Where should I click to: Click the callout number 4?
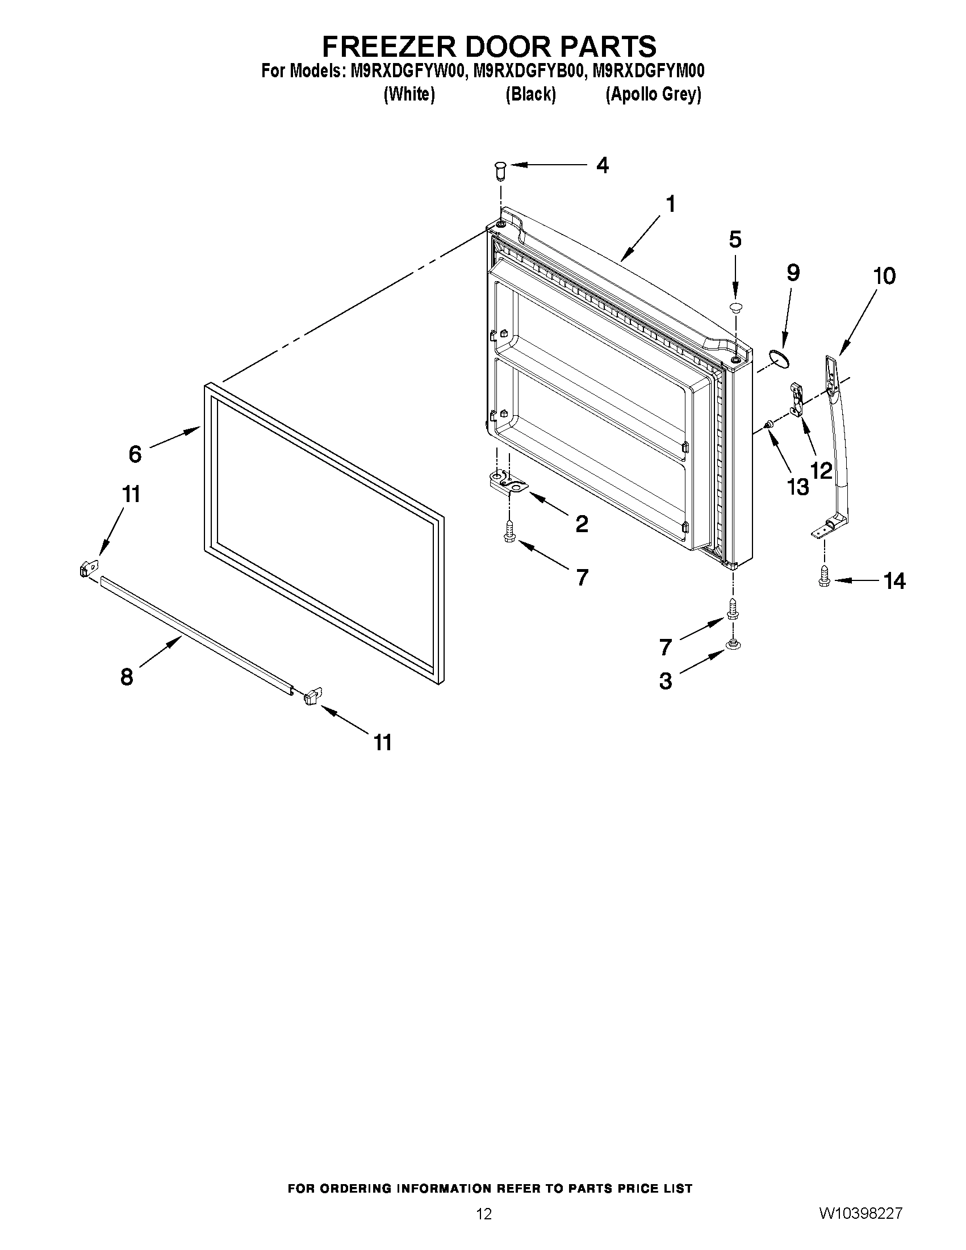602,165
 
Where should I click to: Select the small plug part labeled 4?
500,170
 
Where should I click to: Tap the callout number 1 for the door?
671,204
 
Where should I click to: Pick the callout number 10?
884,277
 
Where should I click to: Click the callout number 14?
894,582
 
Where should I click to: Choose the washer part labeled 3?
731,645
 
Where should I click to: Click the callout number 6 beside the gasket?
135,454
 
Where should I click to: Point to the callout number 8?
127,677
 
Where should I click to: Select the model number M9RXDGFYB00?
527,71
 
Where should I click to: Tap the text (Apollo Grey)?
653,94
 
